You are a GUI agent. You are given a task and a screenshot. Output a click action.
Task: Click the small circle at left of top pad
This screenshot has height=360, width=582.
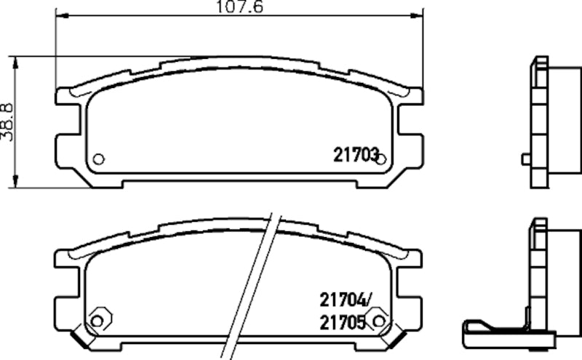pos(99,159)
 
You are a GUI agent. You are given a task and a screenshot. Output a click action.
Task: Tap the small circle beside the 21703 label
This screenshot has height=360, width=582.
pos(380,159)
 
